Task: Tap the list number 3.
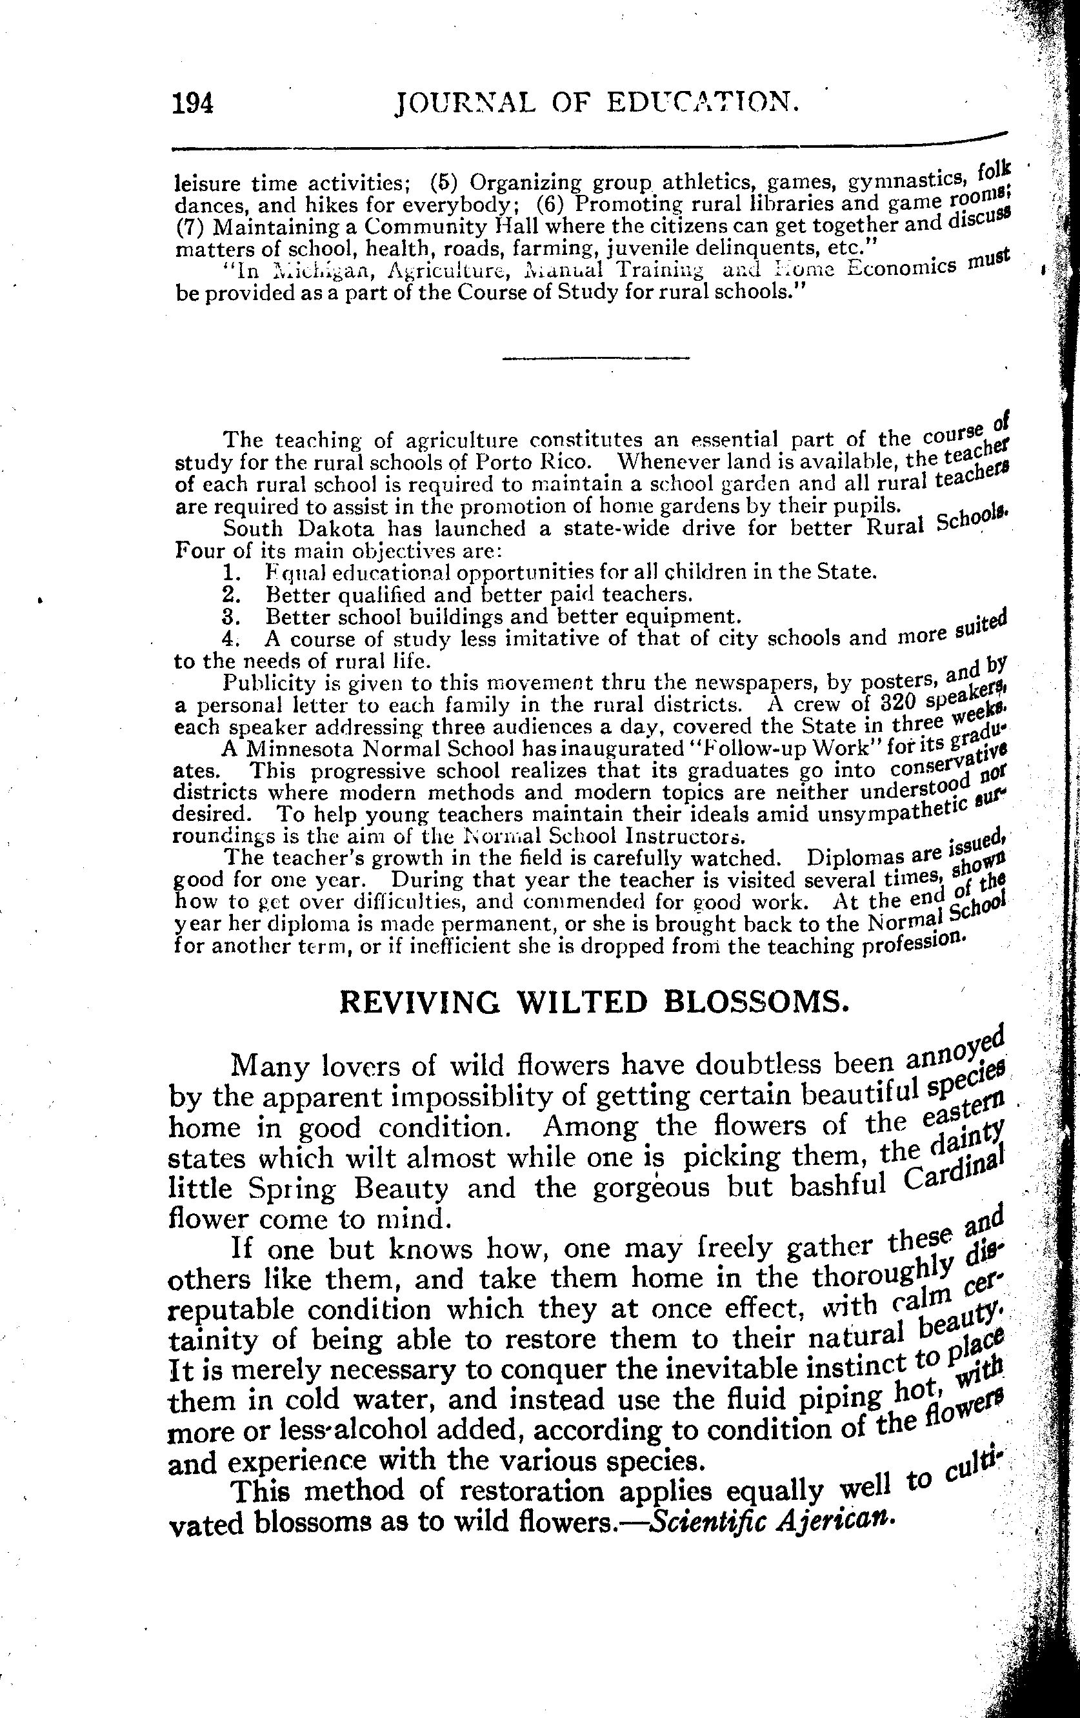click(x=229, y=616)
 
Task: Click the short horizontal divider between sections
click(x=596, y=358)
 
